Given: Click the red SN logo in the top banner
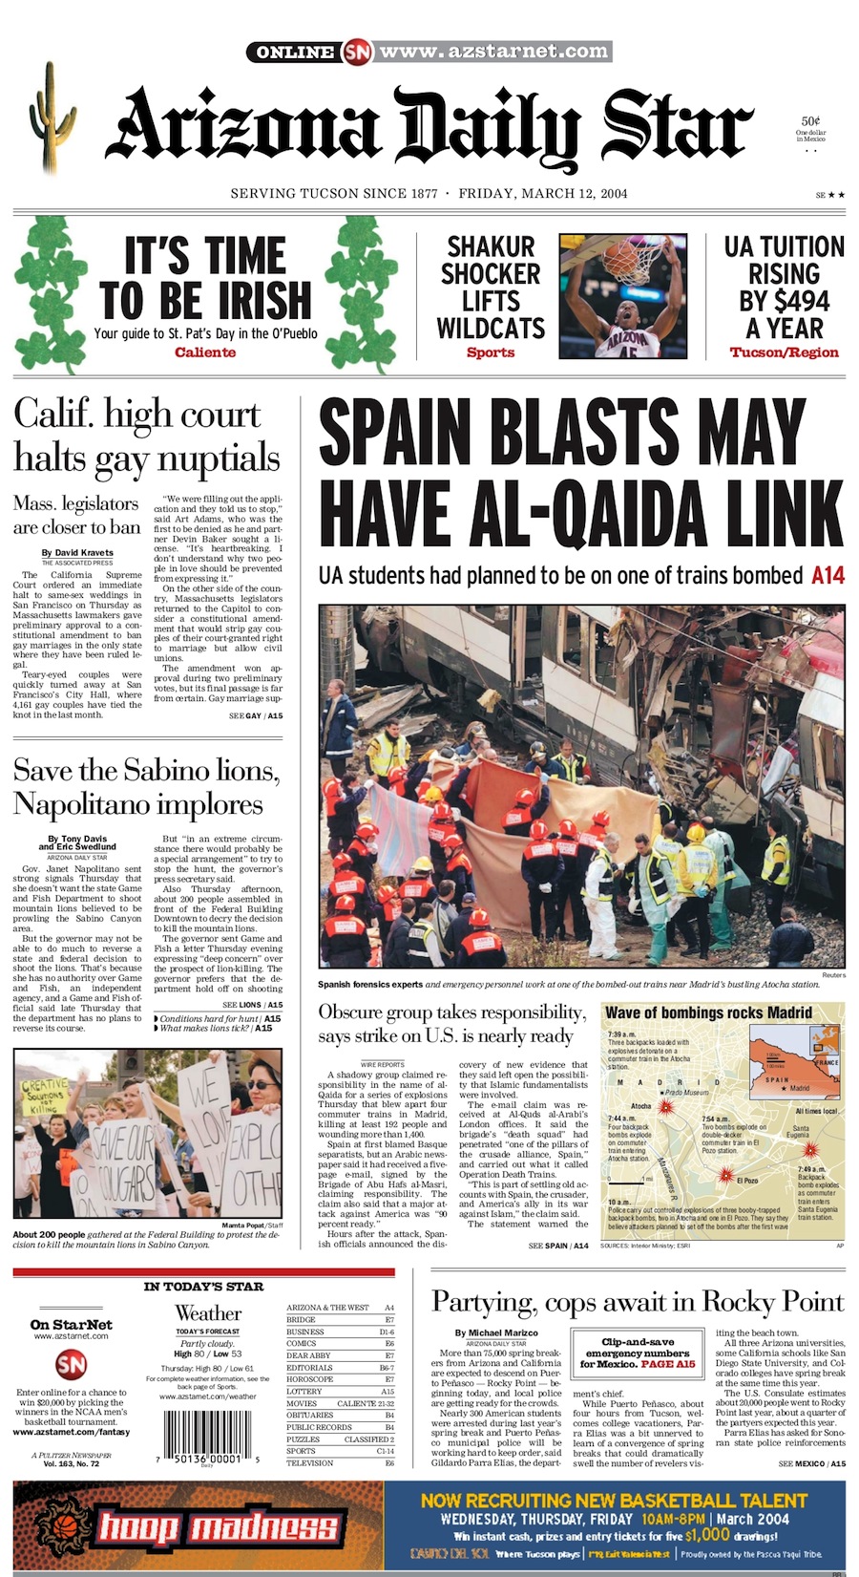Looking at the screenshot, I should pos(356,51).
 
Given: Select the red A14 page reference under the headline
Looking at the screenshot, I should pos(828,576).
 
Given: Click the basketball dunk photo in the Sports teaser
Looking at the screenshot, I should pos(623,296).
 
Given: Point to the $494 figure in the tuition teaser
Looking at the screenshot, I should pos(784,301).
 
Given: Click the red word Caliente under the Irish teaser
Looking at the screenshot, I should pos(204,352).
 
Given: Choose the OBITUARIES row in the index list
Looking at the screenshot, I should pos(310,1415).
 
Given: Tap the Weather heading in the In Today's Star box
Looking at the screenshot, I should pos(208,1313).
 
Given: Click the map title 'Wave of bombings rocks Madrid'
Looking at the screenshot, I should pos(708,1012).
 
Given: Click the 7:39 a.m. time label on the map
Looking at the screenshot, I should pos(621,1034).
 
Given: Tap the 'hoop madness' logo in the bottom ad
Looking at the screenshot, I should pos(219,1525).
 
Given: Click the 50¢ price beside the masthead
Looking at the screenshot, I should pos(811,121).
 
